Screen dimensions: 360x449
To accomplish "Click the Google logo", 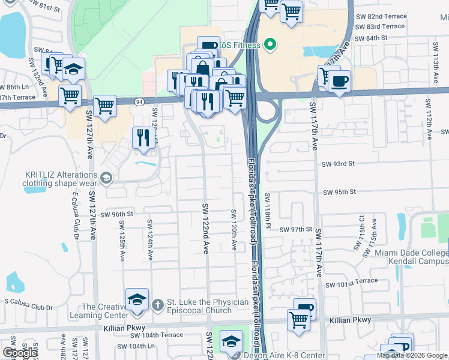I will (20, 353).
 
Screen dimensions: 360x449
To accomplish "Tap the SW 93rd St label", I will (339, 164).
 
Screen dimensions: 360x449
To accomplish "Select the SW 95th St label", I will (340, 192).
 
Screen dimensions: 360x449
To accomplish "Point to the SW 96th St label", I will (116, 214).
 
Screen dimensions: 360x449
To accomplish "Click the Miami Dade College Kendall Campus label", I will (411, 257).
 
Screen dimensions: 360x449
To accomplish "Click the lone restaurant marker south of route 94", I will (143, 137).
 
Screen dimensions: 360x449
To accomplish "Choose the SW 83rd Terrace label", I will (380, 26).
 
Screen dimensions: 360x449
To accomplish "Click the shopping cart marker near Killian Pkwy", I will (298, 319).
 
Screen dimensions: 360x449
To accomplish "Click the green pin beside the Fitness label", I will (270, 44).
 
